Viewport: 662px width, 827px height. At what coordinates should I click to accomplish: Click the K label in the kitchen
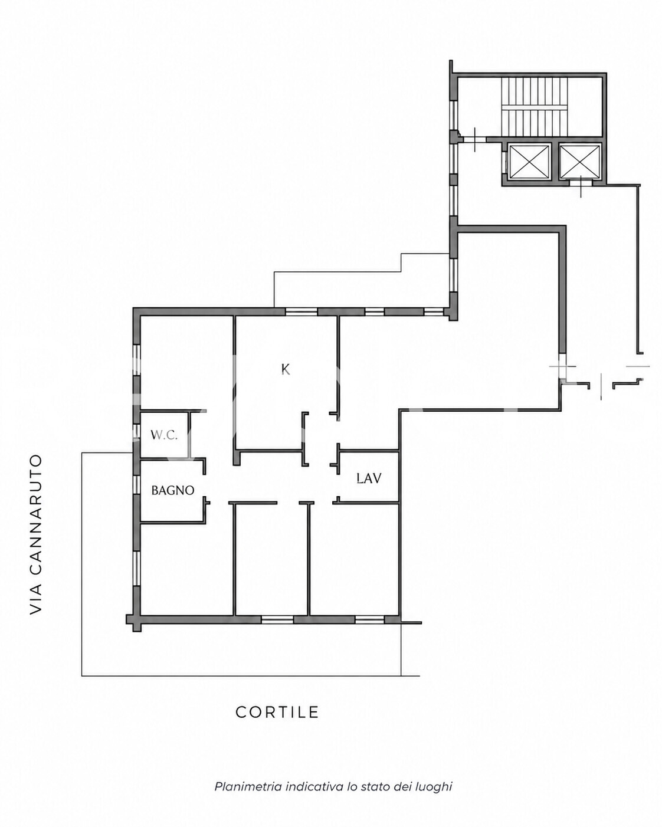(x=285, y=369)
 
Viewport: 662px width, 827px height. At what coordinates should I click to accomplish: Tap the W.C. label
(x=164, y=435)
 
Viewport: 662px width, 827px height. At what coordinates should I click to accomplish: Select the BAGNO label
(x=173, y=490)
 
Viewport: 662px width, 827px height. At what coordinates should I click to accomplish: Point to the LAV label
(x=369, y=478)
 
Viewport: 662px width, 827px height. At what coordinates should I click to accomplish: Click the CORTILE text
(x=277, y=712)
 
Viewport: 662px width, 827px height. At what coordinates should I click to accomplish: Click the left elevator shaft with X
(x=529, y=162)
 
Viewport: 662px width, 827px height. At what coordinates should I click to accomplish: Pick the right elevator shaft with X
(x=580, y=162)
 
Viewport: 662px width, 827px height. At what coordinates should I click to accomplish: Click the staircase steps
(x=535, y=106)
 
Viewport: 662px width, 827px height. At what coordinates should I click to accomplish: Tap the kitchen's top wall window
(x=301, y=311)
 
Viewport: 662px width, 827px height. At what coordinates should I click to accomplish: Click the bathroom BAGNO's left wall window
(x=136, y=484)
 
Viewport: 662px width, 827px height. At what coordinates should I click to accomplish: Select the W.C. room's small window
(x=136, y=429)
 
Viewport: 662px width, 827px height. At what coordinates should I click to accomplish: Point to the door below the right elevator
(x=581, y=184)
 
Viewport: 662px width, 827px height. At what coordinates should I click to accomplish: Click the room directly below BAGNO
(x=186, y=569)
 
